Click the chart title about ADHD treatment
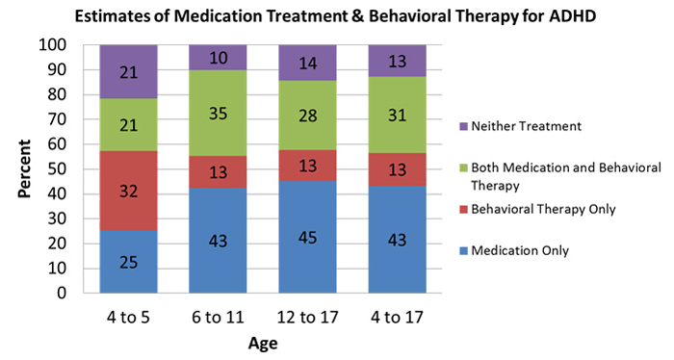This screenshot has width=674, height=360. pos(336,14)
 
